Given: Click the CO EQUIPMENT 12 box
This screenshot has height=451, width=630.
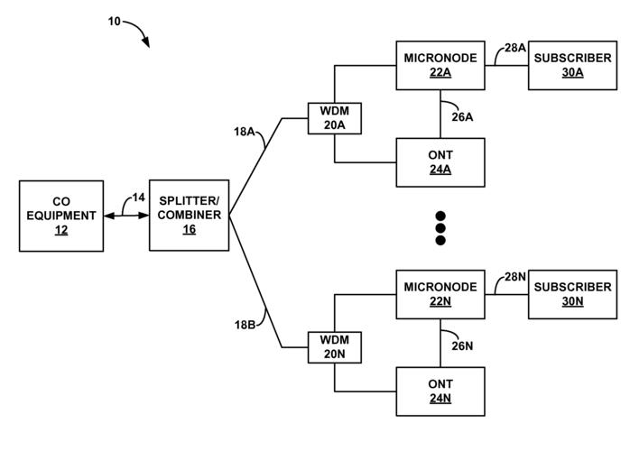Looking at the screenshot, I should pos(61,216).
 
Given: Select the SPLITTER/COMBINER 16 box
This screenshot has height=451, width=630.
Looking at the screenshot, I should pos(190,216).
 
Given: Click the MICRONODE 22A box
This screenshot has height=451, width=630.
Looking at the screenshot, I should pos(440,65).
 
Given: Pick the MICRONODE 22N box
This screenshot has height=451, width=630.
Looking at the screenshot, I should pos(440,294).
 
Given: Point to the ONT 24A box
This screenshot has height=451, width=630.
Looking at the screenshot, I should pos(440,162).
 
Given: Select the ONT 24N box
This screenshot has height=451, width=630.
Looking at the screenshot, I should pos(440,391).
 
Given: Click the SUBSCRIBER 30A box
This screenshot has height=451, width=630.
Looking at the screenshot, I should pos(572,65).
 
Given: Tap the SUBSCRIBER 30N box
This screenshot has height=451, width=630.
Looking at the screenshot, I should pos(572,294).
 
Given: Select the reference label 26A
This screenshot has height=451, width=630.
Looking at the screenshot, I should pos(461,115).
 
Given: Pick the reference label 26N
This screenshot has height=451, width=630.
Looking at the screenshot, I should pos(461,345).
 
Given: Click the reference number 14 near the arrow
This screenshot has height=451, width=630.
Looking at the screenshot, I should pos(138,197).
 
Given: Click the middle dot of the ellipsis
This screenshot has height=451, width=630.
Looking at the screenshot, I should pos(440,229).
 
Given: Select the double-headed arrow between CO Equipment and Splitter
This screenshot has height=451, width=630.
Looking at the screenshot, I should pos(126,216).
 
